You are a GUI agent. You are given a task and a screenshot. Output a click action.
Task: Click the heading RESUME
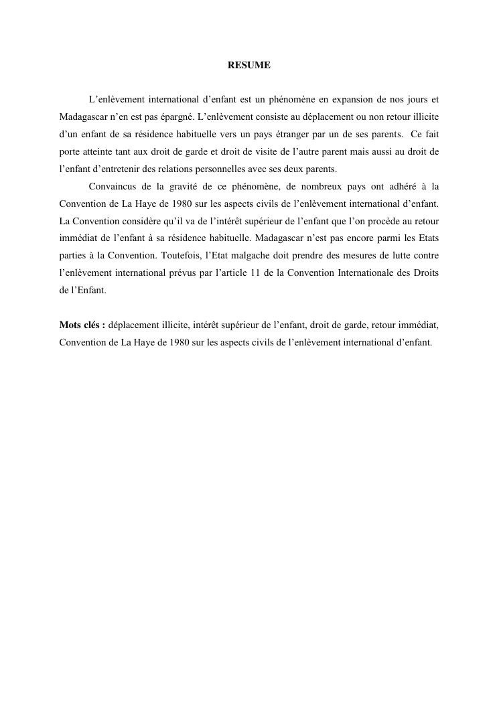(x=249, y=66)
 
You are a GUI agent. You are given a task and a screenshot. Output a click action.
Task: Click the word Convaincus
(x=111, y=186)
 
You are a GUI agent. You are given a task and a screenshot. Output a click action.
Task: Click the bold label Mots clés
(x=82, y=325)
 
